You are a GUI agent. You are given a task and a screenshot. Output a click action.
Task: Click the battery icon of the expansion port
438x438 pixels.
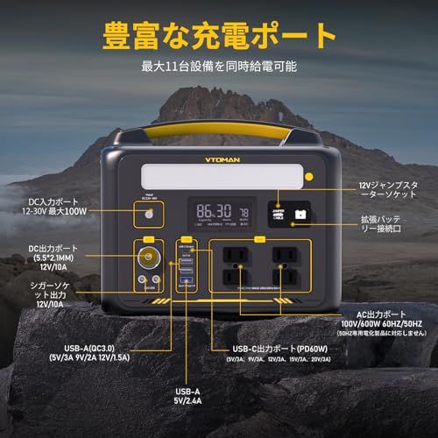click(300, 213)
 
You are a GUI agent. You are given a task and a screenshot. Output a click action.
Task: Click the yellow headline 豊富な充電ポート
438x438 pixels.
click(220, 35)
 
